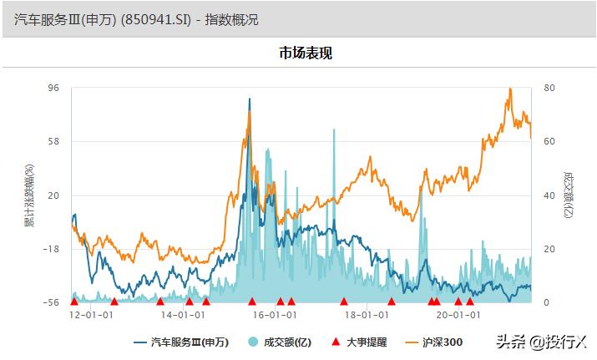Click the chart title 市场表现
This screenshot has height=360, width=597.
tap(306, 53)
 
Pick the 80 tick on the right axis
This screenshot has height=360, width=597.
tap(549, 87)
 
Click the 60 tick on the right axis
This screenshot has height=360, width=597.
tap(549, 141)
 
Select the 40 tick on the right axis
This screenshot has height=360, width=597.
tap(549, 195)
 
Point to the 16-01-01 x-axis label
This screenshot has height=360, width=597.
tap(275, 315)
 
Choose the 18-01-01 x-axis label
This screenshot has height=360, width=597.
tap(367, 315)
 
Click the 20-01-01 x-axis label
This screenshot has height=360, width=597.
tap(458, 315)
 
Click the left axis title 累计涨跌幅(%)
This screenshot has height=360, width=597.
tap(30, 195)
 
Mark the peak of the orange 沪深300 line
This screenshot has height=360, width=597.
tap(509, 89)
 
